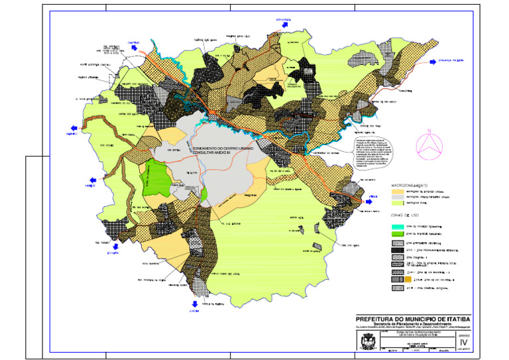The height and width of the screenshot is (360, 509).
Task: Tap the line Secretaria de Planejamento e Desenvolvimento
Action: coord(412,324)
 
